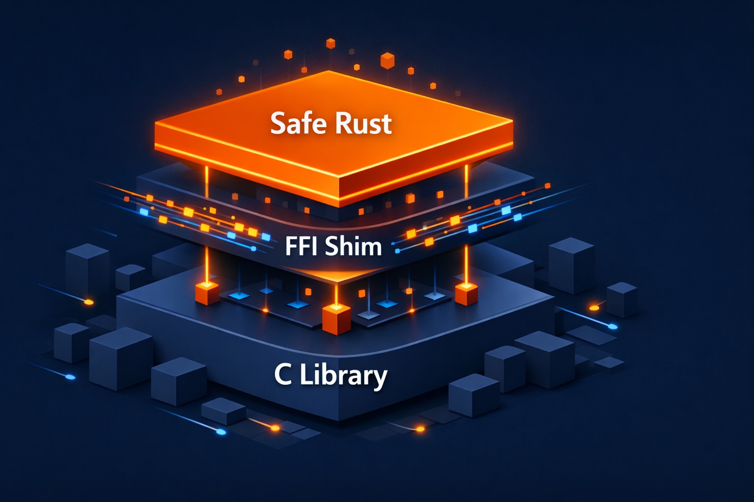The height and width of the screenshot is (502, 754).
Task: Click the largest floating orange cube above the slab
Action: coord(387,60)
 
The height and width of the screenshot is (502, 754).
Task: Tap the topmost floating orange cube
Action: coord(330,43)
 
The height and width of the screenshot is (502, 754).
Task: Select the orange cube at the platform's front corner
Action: coord(336,319)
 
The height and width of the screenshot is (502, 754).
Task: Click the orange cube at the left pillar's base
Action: coord(207,293)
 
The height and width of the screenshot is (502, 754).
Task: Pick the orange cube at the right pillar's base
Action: coord(466,294)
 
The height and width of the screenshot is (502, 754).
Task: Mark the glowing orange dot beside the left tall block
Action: coord(89,301)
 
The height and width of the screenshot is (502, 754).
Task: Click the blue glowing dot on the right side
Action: coord(612,326)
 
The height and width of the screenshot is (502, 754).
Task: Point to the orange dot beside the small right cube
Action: coord(594,307)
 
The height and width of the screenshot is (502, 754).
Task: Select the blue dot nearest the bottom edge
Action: coord(221,432)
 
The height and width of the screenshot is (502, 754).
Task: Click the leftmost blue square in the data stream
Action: coord(144,212)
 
